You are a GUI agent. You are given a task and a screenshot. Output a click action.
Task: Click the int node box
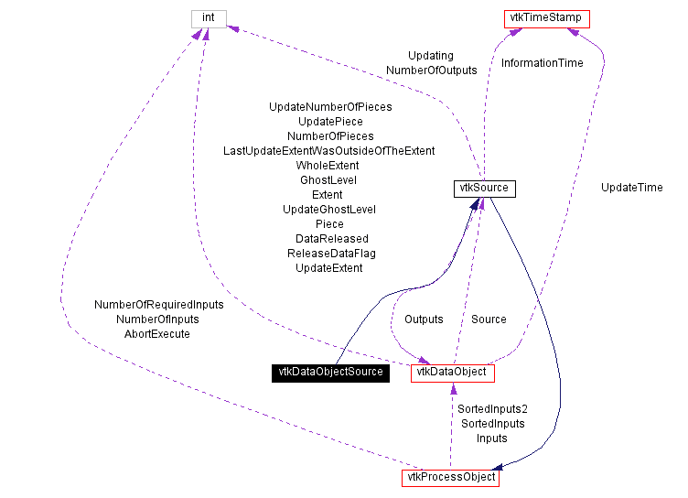point(208,18)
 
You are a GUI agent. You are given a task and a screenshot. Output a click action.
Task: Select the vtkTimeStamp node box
point(546,18)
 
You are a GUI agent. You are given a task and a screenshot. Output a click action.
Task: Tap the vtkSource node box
point(484,189)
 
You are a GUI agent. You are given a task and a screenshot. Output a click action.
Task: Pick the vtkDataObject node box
point(452,373)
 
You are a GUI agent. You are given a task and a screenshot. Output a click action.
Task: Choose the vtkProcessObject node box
point(449,477)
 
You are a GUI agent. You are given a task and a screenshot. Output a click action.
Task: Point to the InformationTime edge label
point(542,63)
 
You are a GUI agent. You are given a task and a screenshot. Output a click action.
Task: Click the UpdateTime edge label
point(631,188)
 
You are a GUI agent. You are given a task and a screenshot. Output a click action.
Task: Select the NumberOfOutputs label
point(432,70)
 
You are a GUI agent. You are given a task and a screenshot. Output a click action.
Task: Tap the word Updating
point(431,56)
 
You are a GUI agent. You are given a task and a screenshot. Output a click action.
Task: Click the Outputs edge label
point(424,319)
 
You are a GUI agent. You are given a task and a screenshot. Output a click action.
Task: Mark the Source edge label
point(489,319)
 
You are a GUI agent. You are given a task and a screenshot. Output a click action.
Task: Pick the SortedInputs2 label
point(493,409)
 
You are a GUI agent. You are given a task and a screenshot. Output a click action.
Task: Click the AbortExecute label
point(157,334)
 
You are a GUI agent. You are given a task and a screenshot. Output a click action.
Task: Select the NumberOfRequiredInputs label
point(159,305)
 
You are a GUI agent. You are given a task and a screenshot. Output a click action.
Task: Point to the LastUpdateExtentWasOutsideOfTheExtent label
point(329,151)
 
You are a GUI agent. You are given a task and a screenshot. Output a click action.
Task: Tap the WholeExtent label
point(328,166)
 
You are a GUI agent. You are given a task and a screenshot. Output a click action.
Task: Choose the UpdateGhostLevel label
point(329,210)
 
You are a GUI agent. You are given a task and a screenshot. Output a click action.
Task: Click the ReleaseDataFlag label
point(331,254)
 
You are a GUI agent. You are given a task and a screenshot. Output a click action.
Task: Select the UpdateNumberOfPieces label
point(330,107)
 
